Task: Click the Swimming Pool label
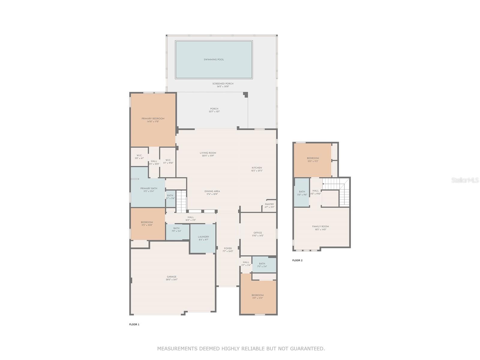[214, 59]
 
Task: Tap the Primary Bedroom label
[153, 119]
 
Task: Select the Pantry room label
[269, 204]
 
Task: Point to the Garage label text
[172, 277]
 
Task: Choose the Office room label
[257, 233]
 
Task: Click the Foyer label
[228, 248]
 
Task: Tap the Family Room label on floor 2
[320, 226]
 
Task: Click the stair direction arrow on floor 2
[323, 184]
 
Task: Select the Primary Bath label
[148, 188]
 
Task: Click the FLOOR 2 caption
[297, 260]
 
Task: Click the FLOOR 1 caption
[134, 324]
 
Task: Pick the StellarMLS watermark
[465, 180]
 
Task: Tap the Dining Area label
[212, 191]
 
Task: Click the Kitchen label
[256, 168]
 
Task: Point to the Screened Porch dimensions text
[223, 87]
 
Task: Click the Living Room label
[208, 153]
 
